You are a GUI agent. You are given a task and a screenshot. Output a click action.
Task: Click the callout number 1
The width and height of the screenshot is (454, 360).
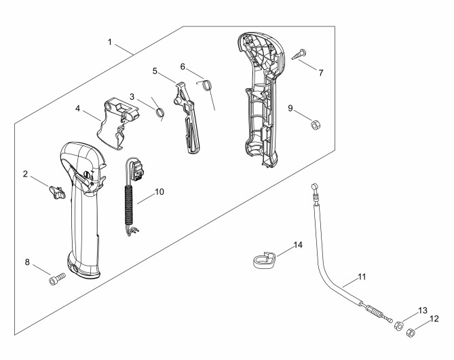pyautogui.click(x=110, y=42)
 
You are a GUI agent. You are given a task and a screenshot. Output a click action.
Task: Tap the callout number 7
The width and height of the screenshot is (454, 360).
pyautogui.click(x=320, y=73)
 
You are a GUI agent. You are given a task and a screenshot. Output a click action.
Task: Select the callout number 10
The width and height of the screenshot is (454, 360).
pyautogui.click(x=159, y=192)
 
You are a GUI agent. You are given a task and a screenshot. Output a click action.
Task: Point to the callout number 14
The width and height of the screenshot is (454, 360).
pyautogui.click(x=298, y=245)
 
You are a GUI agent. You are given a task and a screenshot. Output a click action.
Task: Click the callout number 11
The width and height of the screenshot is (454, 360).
pyautogui.click(x=362, y=277)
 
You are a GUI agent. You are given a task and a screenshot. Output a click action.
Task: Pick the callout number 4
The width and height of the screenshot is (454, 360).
pyautogui.click(x=77, y=109)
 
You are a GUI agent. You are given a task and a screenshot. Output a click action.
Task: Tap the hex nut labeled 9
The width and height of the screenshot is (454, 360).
pyautogui.click(x=315, y=125)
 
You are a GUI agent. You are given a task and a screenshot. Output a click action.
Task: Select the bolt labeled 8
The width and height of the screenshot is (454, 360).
pyautogui.click(x=57, y=279)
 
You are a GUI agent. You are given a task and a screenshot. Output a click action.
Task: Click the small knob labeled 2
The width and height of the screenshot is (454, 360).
pyautogui.click(x=57, y=192)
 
